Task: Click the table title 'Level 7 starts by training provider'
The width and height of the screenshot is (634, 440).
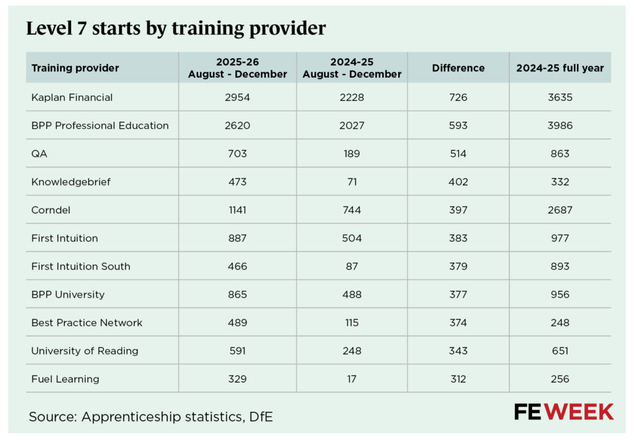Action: tap(175, 29)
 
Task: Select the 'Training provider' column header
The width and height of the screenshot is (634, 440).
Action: tap(75, 68)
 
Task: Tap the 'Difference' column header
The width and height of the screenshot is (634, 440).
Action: tap(458, 68)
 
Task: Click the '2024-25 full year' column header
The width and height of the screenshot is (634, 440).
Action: tap(560, 68)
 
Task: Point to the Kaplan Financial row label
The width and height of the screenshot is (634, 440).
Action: tap(72, 97)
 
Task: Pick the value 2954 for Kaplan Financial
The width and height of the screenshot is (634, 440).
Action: tap(237, 97)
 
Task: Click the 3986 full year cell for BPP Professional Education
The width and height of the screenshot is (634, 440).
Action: tap(560, 126)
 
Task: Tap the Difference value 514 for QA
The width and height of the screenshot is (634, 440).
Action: tap(458, 154)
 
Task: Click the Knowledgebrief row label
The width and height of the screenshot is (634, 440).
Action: tap(71, 182)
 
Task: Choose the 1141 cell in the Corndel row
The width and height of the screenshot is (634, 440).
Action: tap(237, 210)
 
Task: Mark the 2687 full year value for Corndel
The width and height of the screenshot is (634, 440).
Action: tap(560, 210)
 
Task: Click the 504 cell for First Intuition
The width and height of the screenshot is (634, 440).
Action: tap(352, 238)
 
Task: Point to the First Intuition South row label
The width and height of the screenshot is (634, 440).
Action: tap(80, 266)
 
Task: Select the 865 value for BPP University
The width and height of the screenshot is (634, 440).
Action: tap(237, 294)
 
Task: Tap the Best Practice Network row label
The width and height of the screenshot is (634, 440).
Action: tap(86, 322)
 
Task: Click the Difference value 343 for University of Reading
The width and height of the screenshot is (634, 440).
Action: tap(458, 350)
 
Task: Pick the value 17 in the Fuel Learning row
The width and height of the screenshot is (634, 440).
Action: tap(352, 379)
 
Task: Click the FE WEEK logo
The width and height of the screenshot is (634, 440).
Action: tap(563, 412)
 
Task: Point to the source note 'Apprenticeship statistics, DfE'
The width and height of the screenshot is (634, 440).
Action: tap(150, 416)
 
